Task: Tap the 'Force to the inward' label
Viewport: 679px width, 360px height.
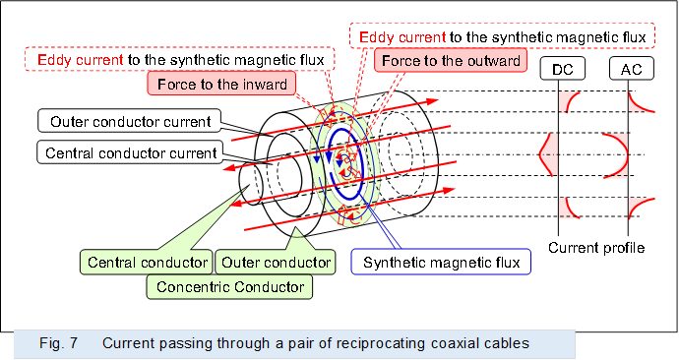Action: [220, 84]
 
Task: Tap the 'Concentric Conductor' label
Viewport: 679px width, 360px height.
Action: [228, 286]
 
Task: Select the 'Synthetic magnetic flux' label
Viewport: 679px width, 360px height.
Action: [441, 263]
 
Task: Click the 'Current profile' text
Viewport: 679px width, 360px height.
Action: [596, 249]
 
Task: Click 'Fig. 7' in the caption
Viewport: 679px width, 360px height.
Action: [58, 343]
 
